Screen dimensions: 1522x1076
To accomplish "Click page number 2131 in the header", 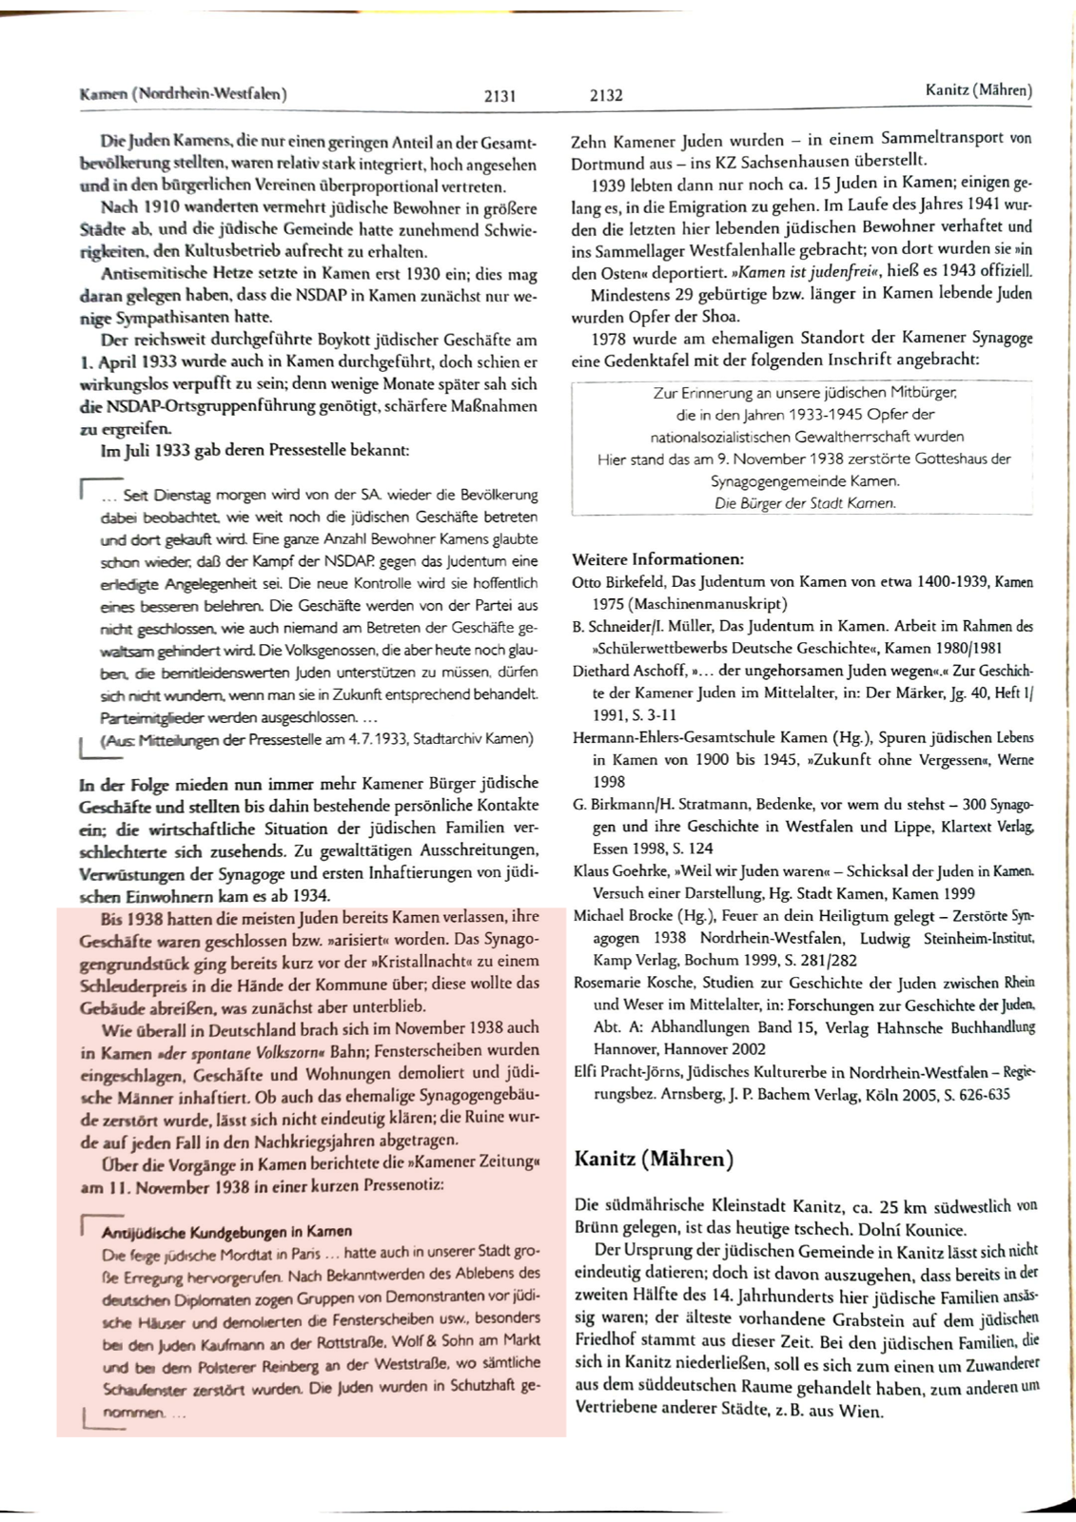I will (499, 95).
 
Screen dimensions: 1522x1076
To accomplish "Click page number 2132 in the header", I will (606, 95).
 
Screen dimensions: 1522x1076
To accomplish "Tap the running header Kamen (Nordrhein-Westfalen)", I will (184, 93).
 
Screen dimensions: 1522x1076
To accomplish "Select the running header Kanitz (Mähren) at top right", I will (978, 90).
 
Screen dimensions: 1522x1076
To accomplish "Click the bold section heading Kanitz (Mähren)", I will (654, 1159).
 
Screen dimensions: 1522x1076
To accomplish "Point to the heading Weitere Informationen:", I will (657, 558).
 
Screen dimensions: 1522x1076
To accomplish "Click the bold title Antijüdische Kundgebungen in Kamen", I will (226, 1231).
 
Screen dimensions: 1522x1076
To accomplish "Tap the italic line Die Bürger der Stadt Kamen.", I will (805, 503).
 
